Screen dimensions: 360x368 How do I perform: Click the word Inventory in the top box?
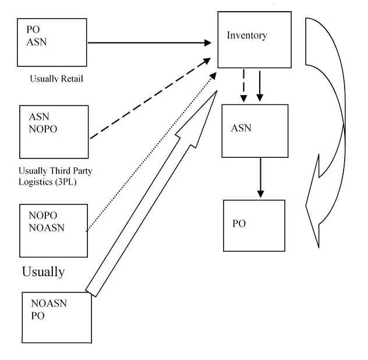pyautogui.click(x=247, y=36)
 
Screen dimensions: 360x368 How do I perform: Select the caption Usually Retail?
pyautogui.click(x=56, y=79)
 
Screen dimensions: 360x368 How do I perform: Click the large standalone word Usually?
pyautogui.click(x=43, y=271)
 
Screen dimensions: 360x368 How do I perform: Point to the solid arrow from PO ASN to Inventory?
pyautogui.click(x=148, y=42)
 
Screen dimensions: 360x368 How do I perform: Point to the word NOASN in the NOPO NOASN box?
pyautogui.click(x=47, y=228)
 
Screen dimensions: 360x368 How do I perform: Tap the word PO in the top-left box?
pyautogui.click(x=33, y=29)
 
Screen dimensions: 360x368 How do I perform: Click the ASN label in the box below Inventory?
pyautogui.click(x=241, y=128)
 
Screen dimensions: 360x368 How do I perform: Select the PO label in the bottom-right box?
pyautogui.click(x=239, y=224)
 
